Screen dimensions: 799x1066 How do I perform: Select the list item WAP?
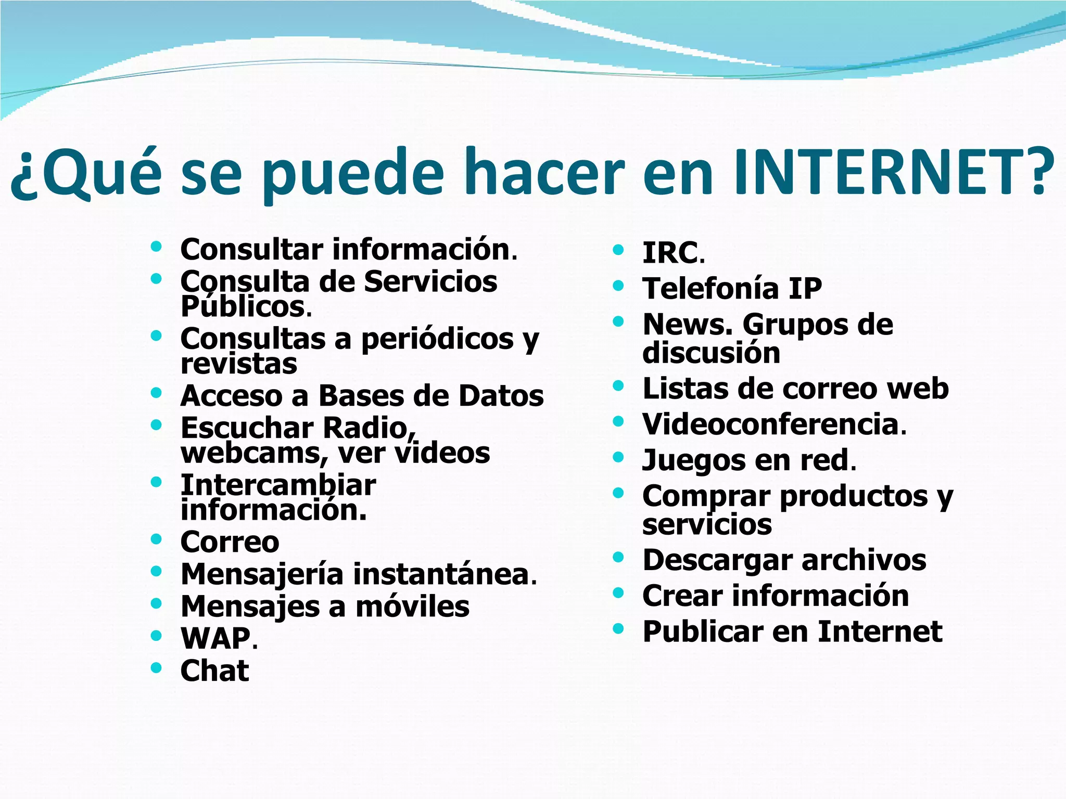tap(215, 638)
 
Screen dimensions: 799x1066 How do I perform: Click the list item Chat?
tap(214, 671)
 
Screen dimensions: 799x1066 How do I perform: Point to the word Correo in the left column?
tap(230, 542)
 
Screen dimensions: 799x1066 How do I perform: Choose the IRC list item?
tap(670, 253)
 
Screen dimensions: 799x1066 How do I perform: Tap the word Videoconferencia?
tap(771, 424)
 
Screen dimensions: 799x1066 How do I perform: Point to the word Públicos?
tap(243, 306)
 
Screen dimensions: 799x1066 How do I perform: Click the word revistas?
tap(239, 364)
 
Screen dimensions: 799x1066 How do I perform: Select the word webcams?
tap(252, 453)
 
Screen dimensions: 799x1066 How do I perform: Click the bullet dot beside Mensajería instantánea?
tap(156, 571)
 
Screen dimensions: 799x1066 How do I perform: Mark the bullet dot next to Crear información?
tap(618, 592)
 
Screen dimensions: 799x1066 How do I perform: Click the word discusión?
tap(711, 353)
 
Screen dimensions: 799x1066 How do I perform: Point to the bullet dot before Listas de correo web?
tap(618, 385)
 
